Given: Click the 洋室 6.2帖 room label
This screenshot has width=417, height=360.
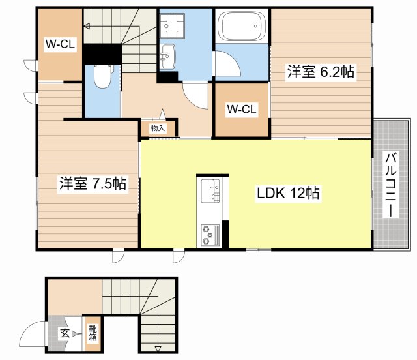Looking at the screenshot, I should pos(321,72).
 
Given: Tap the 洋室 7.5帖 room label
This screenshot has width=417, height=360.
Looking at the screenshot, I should pos(92,185).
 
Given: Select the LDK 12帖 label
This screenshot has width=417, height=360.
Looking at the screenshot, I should pos(287,194).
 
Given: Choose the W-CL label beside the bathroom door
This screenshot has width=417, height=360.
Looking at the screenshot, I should pos(241,110).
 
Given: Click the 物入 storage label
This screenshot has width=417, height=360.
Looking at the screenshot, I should pos(158,128).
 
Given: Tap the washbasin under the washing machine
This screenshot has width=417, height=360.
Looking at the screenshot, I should pos(167,56).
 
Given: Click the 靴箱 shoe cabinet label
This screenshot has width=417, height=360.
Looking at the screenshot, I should pos(94,333).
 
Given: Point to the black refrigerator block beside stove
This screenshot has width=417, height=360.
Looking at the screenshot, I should pos(225,235).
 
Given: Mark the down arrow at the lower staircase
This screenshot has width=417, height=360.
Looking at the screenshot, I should pos(158,347).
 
